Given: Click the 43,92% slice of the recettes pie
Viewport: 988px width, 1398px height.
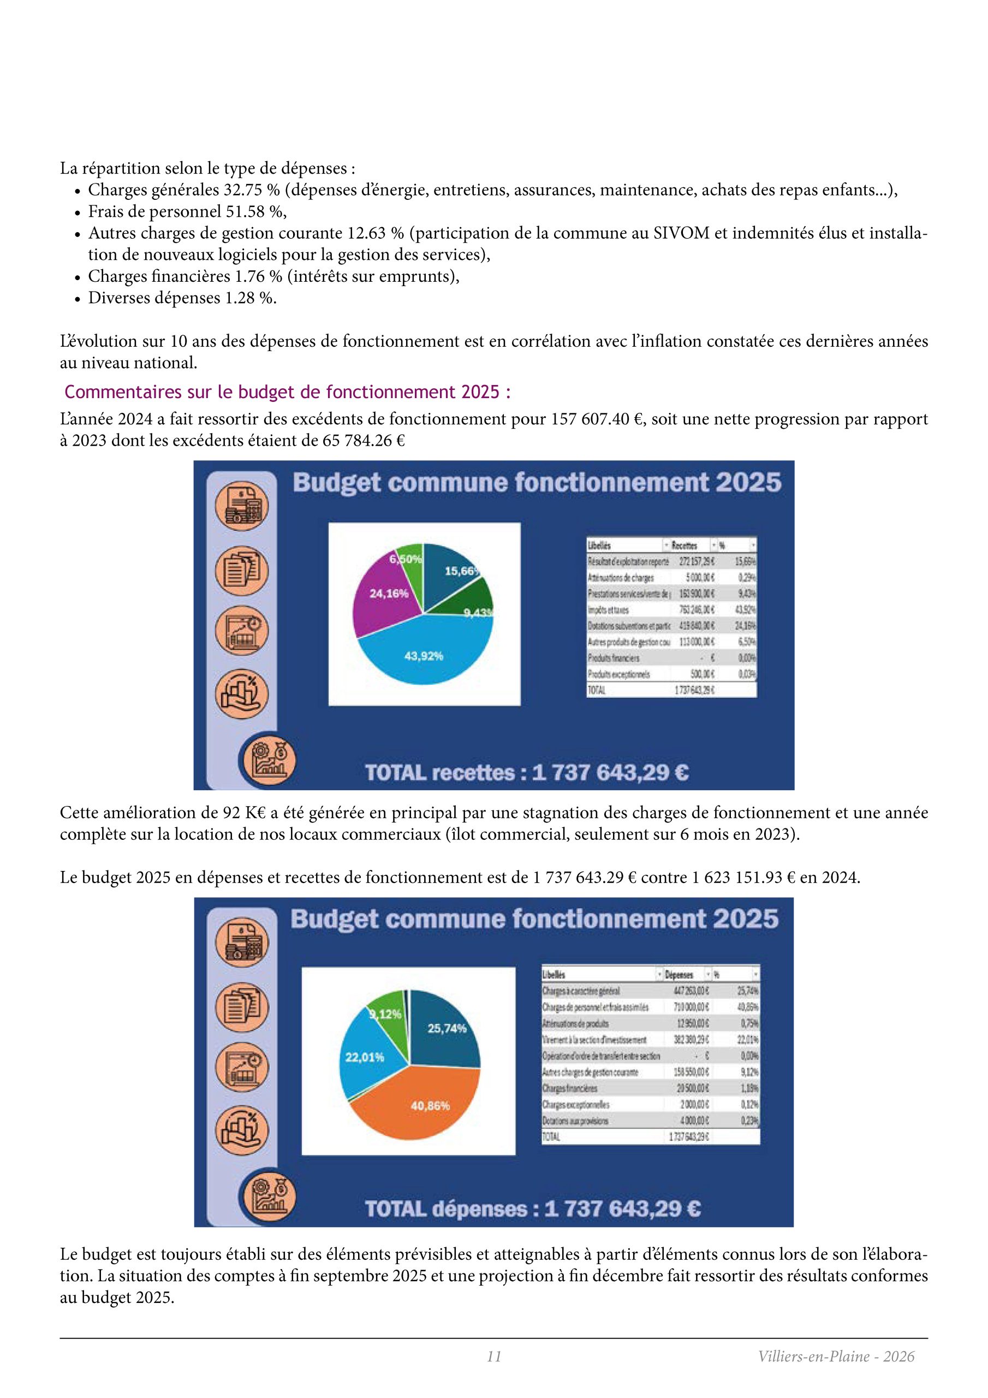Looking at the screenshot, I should coord(424,656).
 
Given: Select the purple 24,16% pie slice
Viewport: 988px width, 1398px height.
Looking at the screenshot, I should coord(389,593).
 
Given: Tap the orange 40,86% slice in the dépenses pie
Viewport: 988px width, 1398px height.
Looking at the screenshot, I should coord(430,1105).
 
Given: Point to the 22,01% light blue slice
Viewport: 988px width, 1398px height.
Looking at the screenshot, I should coord(365,1058).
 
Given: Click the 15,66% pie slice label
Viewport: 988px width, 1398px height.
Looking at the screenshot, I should coord(461,571).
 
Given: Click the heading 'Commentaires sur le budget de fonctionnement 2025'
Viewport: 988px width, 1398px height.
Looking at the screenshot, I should coord(287,392).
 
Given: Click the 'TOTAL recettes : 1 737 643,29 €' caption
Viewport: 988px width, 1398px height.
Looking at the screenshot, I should coord(527,773).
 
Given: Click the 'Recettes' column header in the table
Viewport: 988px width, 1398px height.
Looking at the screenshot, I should coord(685,545).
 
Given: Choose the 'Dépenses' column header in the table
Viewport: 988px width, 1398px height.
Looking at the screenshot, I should coord(678,975).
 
